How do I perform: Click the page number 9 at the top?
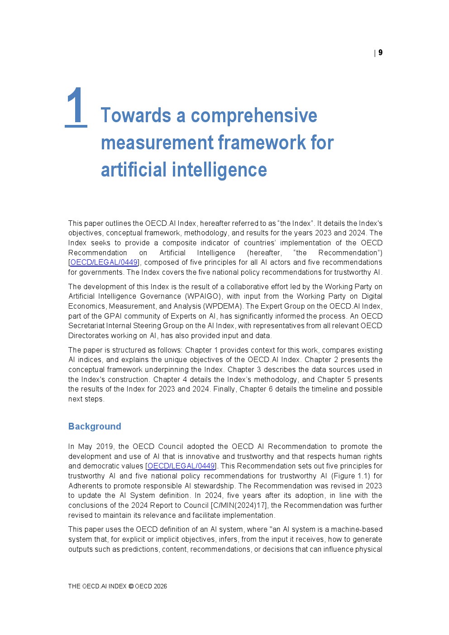click(380, 53)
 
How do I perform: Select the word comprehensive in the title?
click(254, 115)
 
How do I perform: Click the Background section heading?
click(95, 426)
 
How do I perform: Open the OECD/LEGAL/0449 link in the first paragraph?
click(104, 263)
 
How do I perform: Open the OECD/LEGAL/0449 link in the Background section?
click(181, 466)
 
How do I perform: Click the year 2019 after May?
click(105, 447)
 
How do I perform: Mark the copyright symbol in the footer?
click(131, 586)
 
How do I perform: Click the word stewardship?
click(214, 486)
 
